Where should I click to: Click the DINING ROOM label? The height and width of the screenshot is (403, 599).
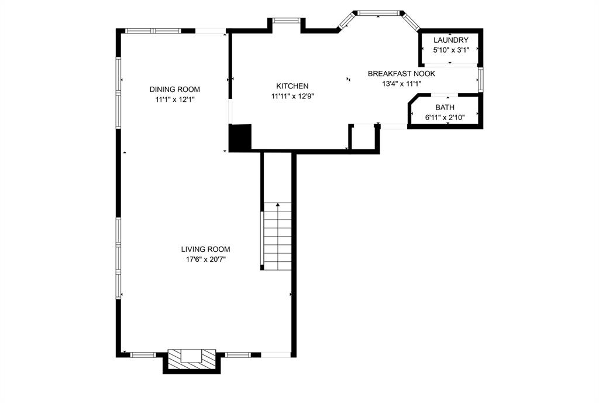click(x=174, y=90)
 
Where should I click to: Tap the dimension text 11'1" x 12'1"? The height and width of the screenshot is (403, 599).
click(x=174, y=100)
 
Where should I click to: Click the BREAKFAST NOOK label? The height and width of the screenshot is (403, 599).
click(x=401, y=74)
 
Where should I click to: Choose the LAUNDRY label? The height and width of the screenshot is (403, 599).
click(x=450, y=40)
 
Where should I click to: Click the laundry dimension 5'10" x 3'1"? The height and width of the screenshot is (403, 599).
click(x=450, y=50)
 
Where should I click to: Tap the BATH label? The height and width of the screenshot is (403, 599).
click(x=445, y=108)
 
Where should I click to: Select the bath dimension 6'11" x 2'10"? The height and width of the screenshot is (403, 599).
click(x=445, y=118)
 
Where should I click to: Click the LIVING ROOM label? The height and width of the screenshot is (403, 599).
click(x=205, y=249)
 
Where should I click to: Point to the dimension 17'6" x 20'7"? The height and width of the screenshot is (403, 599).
click(x=205, y=259)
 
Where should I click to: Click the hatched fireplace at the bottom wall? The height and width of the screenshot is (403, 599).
click(x=192, y=360)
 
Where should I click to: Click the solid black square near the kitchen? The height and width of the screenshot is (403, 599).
click(x=240, y=138)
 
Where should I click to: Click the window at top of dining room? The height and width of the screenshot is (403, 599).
click(x=153, y=30)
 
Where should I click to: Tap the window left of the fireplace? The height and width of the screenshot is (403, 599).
click(x=143, y=354)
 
